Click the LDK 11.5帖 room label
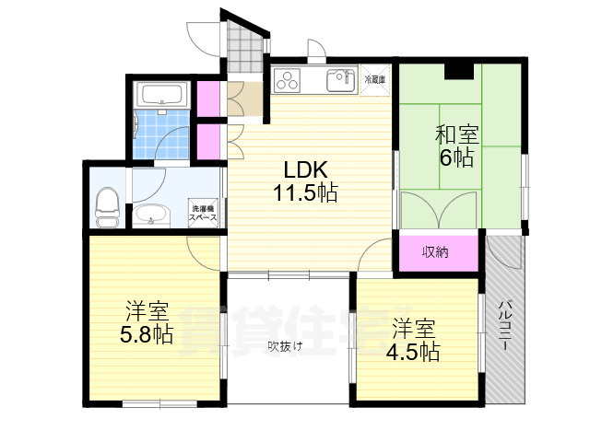point(303,181)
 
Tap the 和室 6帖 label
point(454,145)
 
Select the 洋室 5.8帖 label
point(147,322)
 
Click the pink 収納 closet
point(437,252)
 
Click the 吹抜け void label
point(286,346)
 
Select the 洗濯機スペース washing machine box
point(204,214)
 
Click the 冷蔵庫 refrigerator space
point(374,80)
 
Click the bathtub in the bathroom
point(162,94)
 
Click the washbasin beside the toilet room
point(151,216)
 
